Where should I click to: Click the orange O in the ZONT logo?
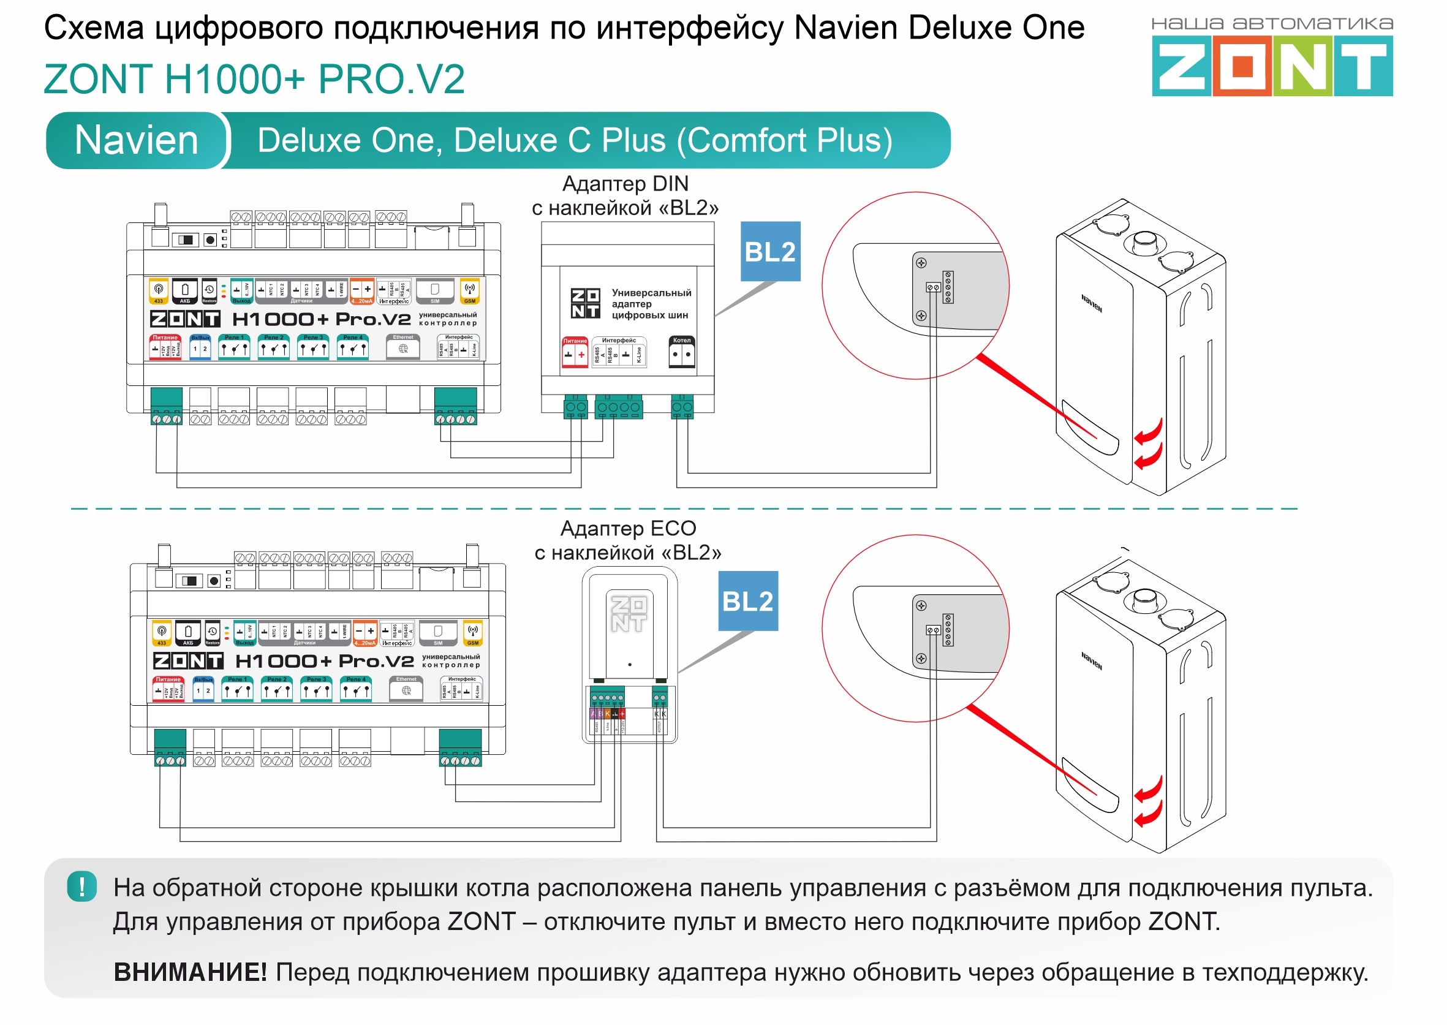click(1242, 66)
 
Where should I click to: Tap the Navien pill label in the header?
click(136, 140)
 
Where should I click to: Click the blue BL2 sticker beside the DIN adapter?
click(770, 252)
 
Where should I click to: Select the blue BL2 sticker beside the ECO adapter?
click(748, 602)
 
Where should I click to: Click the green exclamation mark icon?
click(82, 887)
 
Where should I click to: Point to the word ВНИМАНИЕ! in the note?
click(190, 972)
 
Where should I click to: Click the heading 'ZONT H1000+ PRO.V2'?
click(254, 80)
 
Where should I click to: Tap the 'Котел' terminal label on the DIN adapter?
click(681, 341)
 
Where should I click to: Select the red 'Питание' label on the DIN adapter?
click(575, 341)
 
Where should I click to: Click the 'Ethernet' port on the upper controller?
click(403, 347)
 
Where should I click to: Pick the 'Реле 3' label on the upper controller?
click(313, 338)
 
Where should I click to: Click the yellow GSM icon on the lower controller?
click(473, 633)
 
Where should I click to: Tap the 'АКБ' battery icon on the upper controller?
click(185, 291)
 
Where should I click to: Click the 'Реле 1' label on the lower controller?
click(237, 679)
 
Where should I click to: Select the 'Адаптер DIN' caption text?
click(625, 184)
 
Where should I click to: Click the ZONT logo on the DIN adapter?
click(585, 304)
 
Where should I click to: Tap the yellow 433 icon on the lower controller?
click(162, 633)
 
